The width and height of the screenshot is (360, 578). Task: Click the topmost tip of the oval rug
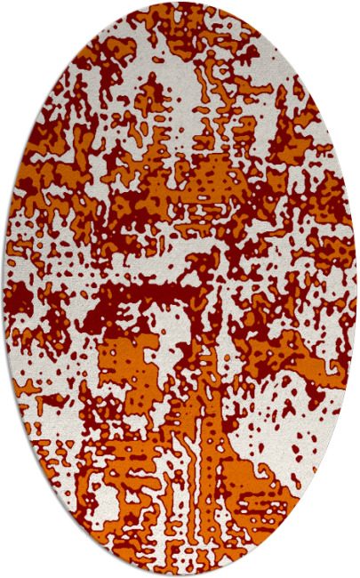click(x=180, y=3)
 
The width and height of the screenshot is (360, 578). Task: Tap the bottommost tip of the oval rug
click(x=180, y=575)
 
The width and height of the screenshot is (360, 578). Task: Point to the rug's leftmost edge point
click(x=4, y=289)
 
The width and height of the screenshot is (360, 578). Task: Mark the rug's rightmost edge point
click(x=356, y=289)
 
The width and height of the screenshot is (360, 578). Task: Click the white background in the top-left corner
click(x=18, y=18)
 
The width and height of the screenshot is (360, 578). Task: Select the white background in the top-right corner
click(x=342, y=18)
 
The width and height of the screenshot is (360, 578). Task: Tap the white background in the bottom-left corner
click(x=18, y=560)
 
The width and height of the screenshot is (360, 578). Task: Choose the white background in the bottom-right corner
click(x=342, y=560)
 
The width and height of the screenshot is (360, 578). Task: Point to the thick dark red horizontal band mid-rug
click(x=151, y=293)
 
